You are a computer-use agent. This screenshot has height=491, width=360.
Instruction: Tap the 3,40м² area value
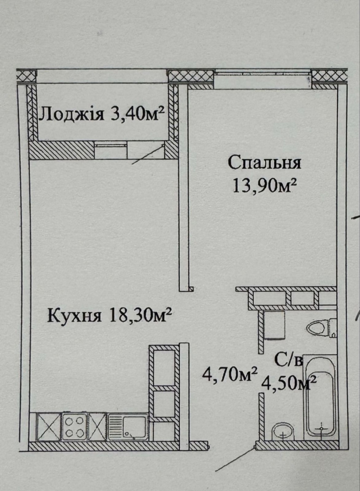pyautogui.click(x=138, y=114)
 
